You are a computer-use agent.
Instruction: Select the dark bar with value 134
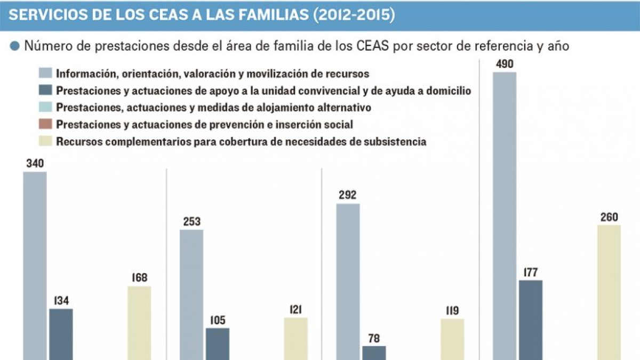point(61,334)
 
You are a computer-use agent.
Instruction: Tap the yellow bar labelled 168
point(139,323)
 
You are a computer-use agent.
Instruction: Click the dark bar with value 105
point(218,343)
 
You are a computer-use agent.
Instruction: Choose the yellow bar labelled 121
point(295,338)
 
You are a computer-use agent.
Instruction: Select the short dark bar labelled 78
point(374,353)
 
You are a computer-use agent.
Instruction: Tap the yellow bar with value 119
point(452,339)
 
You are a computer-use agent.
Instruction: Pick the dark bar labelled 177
point(531,319)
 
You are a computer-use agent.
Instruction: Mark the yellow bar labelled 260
point(609,292)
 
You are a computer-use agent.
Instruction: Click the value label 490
point(504,65)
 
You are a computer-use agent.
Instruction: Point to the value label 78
point(374,339)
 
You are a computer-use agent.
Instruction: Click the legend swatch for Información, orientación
point(45,74)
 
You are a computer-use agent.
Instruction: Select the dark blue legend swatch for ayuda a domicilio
point(45,91)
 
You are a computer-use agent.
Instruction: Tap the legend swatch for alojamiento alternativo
point(45,107)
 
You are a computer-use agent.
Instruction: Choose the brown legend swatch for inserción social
point(45,125)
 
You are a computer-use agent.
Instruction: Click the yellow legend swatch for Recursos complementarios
point(45,142)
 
